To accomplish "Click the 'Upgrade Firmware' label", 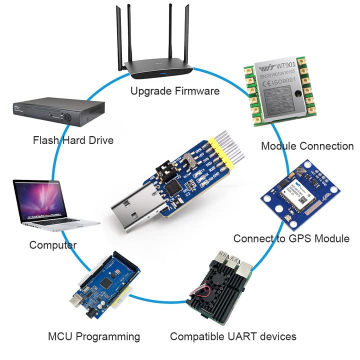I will tap(174, 91).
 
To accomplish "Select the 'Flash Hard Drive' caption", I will tap(73, 140).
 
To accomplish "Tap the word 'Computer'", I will tap(52, 245).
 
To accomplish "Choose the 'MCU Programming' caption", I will tap(94, 336).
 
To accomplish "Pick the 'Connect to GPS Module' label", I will tap(291, 238).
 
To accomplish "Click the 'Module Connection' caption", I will tap(307, 146).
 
